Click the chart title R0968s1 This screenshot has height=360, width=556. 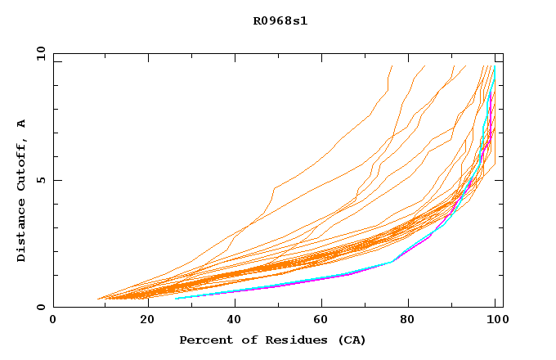tap(279, 20)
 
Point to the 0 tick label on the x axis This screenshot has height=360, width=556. tap(53, 320)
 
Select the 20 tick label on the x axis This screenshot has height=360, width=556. tap(141, 320)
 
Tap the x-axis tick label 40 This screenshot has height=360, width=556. tap(230, 320)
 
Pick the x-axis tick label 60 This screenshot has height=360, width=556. tap(318, 320)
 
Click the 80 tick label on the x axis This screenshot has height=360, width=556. tap(406, 320)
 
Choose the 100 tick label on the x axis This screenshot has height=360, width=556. tap(495, 320)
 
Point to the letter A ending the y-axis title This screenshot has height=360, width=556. tap(21, 124)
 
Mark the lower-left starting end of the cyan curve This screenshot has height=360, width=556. tap(176, 299)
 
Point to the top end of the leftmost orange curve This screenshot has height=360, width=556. tap(392, 66)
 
